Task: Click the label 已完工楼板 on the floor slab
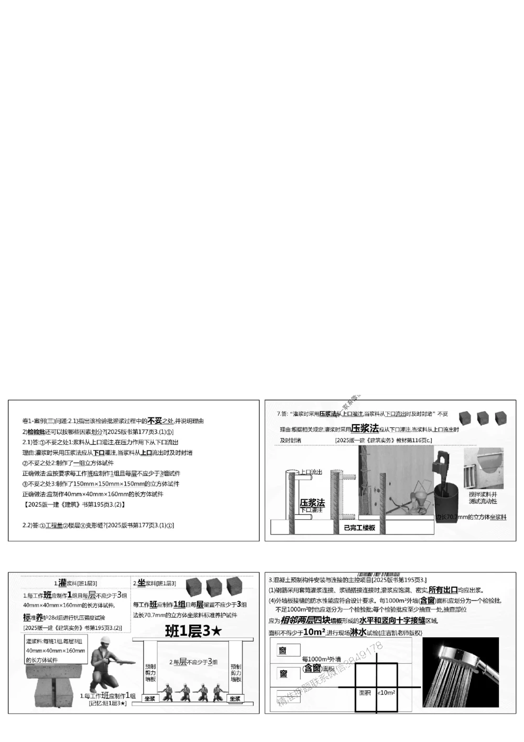coord(359,528)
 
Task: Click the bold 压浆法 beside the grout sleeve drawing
coord(312,502)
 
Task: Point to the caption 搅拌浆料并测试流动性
coord(483,498)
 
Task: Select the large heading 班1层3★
coord(193,631)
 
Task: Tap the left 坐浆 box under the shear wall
coord(150,698)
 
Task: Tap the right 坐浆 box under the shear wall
coord(235,698)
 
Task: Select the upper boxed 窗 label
coord(283,651)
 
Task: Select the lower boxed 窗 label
coord(283,674)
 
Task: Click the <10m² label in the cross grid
coord(387,693)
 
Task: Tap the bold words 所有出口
coord(443,590)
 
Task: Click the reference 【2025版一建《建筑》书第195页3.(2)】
coord(74,504)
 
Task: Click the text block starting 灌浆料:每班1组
coord(56,651)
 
